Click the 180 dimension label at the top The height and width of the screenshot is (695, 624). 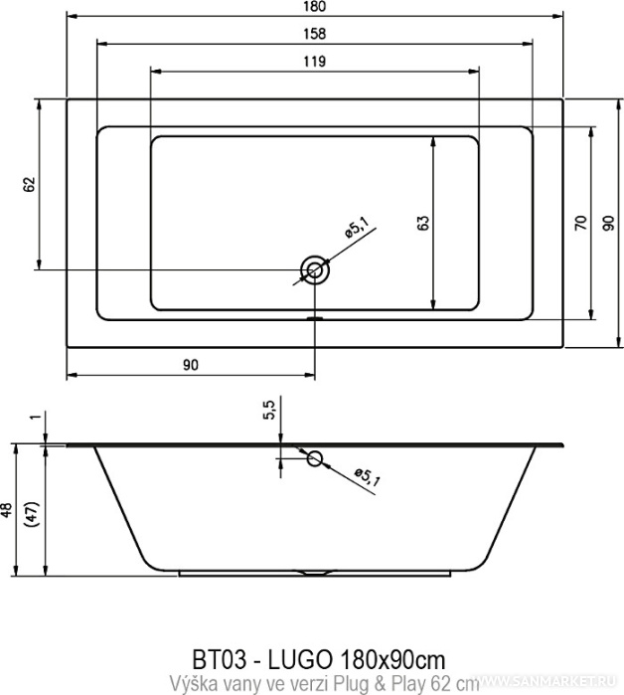(315, 7)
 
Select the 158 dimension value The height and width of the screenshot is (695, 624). (315, 34)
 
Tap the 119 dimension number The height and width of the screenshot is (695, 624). (315, 62)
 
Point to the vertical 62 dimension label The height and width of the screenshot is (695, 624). (29, 184)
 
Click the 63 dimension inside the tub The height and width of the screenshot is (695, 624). (423, 223)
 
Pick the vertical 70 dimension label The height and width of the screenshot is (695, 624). (580, 222)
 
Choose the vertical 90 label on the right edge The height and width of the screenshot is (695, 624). (609, 223)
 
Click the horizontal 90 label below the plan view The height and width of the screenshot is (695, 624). (191, 365)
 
